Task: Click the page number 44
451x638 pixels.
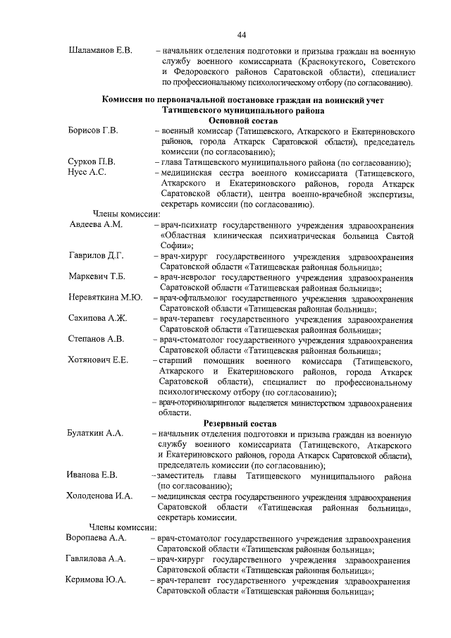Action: [241, 35]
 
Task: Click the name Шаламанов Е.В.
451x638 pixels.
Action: [101, 51]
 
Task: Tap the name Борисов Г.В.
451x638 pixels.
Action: [93, 131]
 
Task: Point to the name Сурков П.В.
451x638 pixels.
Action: [92, 162]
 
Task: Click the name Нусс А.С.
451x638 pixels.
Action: [87, 173]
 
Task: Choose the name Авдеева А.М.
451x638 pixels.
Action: [97, 225]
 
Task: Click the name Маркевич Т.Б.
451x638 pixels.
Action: [97, 276]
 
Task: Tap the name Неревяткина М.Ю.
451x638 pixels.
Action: [105, 297]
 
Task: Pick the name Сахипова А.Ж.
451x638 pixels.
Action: [98, 319]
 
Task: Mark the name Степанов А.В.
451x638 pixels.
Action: [97, 339]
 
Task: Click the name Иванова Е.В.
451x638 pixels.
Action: [92, 475]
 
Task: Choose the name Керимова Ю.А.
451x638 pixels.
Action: [97, 581]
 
